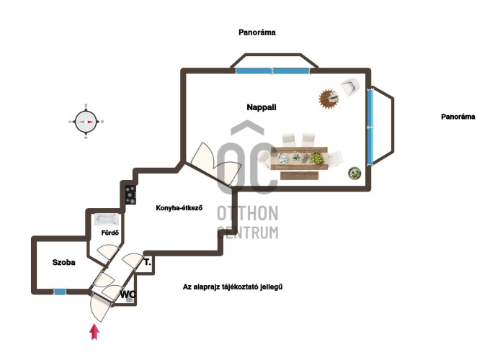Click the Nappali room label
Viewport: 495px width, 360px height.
262,107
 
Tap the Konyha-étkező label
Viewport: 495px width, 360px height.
179,208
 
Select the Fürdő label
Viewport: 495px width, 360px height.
110,233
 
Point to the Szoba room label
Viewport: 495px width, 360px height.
64,262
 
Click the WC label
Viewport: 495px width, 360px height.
128,294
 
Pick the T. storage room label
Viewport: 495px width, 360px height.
148,262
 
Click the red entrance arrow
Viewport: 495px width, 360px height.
94,332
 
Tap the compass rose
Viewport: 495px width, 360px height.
86,122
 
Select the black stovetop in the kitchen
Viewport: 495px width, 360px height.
130,195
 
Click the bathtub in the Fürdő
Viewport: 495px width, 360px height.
107,220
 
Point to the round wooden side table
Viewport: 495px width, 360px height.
329,99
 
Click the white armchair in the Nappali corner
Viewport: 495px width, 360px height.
350,87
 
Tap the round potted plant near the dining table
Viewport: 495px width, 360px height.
354,174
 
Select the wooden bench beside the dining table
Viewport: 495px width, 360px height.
299,176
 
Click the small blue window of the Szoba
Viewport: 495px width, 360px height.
60,292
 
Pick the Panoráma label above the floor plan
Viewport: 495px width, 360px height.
257,32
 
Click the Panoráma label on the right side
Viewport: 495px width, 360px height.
458,117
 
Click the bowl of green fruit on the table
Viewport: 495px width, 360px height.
317,158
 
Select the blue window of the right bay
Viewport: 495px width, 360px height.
370,127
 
